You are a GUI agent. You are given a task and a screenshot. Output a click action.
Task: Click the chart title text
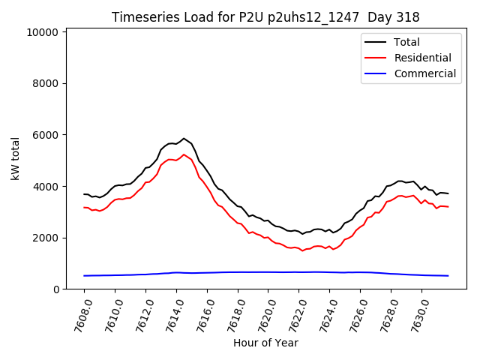tap(265, 17)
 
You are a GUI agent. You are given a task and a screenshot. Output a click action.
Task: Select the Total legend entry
tap(406, 42)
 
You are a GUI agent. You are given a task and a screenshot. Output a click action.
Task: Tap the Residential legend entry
tap(422, 58)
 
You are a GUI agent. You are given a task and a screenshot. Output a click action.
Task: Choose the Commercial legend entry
tap(424, 73)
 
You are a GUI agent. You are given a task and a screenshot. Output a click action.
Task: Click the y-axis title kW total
tap(15, 158)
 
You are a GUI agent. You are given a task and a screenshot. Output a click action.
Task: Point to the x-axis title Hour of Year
tap(265, 343)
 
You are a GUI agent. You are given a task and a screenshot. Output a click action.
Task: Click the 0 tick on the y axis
tap(55, 289)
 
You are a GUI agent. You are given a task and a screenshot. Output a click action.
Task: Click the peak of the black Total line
tap(184, 138)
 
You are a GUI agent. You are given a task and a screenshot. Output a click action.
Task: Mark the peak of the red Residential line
tap(184, 154)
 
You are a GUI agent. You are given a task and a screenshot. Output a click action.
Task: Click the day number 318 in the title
tap(409, 17)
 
